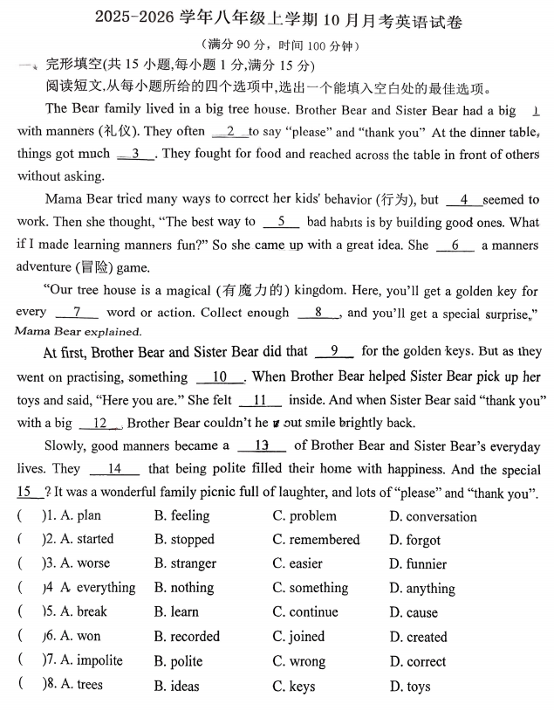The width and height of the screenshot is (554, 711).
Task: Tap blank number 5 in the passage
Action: point(280,223)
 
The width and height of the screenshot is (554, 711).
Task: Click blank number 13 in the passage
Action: point(259,445)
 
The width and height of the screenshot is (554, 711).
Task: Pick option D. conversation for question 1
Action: point(434,517)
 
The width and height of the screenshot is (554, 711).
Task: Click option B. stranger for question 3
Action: point(185,563)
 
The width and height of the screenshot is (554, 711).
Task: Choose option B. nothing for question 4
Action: point(184,588)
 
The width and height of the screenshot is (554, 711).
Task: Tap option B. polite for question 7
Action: point(179,661)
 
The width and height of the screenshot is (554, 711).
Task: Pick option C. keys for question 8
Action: point(294,686)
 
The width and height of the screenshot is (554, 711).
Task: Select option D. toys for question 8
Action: point(410,687)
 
